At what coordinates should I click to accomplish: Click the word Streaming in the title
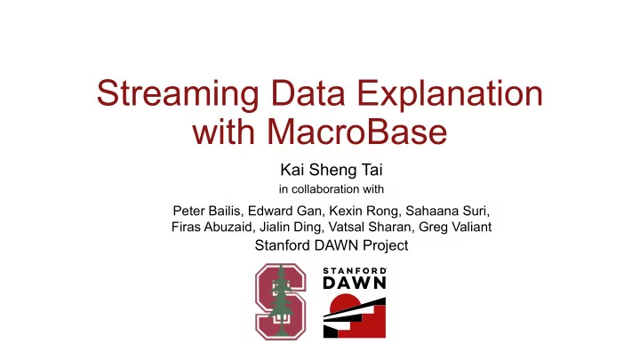(178, 93)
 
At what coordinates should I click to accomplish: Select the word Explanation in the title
(450, 93)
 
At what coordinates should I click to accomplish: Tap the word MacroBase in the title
(357, 132)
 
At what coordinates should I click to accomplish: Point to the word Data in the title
(308, 93)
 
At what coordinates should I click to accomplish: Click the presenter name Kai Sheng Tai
(331, 170)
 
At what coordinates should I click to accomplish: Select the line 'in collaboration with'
(331, 189)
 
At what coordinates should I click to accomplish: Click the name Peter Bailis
(206, 211)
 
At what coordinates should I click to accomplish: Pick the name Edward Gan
(279, 211)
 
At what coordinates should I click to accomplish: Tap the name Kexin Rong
(364, 211)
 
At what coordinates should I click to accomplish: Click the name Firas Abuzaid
(212, 227)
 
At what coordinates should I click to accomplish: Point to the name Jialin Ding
(290, 227)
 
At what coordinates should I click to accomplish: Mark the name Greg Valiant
(455, 227)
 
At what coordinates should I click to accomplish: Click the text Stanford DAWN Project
(332, 245)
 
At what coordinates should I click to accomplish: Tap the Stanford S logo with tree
(280, 301)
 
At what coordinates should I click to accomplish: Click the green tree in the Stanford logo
(281, 300)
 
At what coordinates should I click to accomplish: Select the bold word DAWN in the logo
(355, 283)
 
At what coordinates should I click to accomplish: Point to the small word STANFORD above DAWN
(355, 270)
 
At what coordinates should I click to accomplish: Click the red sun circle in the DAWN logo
(345, 303)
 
